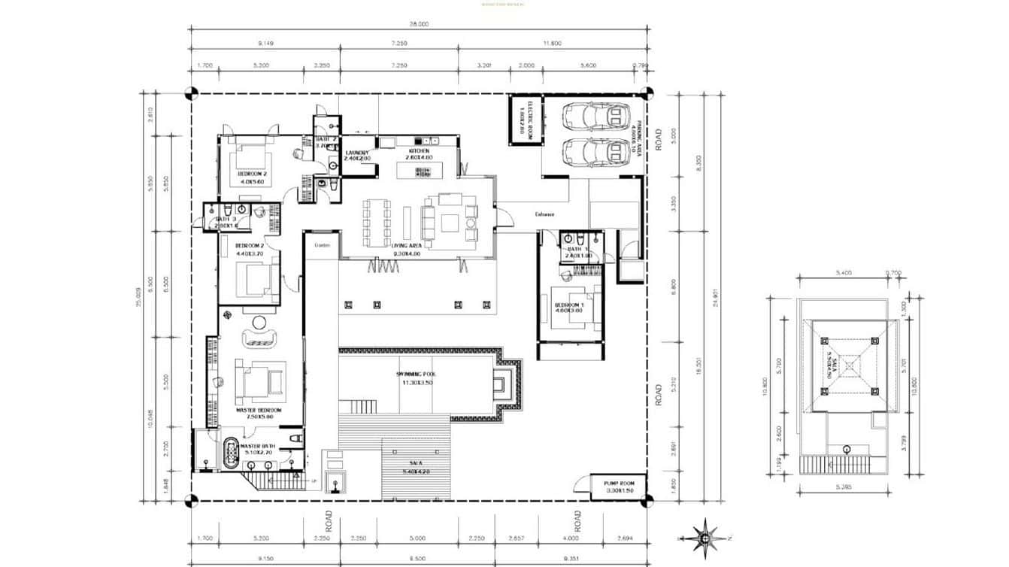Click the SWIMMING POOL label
(413, 374)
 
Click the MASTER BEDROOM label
(258, 410)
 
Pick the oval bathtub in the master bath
(229, 453)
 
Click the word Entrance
(544, 214)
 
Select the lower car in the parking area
(597, 152)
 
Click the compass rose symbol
(704, 537)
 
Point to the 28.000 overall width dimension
(419, 24)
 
